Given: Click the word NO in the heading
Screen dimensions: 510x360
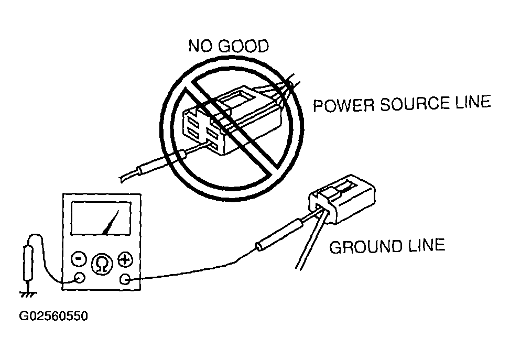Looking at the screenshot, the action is pos(199,46).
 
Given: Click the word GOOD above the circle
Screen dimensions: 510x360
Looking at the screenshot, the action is pos(244,46).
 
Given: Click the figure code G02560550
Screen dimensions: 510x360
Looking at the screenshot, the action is pos(53,316).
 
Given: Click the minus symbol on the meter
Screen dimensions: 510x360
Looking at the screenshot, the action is pos(79,259).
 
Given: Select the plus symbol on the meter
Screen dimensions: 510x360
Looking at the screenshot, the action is pos(125,259).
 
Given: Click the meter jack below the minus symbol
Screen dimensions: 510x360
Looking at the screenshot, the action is pos(79,277).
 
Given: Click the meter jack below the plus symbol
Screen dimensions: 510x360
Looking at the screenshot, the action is pos(125,279).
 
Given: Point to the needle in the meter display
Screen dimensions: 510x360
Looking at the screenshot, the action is pos(110,222).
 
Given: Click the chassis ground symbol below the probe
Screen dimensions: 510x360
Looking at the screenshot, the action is pos(28,293).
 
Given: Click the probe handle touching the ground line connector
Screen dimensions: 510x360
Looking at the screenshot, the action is pos(279,235).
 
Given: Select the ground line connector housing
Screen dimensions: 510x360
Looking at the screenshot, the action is pos(342,199).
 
